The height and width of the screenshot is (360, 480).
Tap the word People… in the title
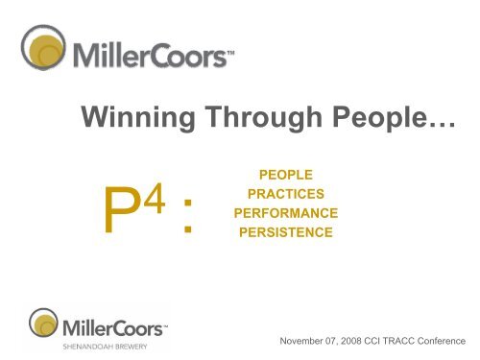click(x=374, y=117)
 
